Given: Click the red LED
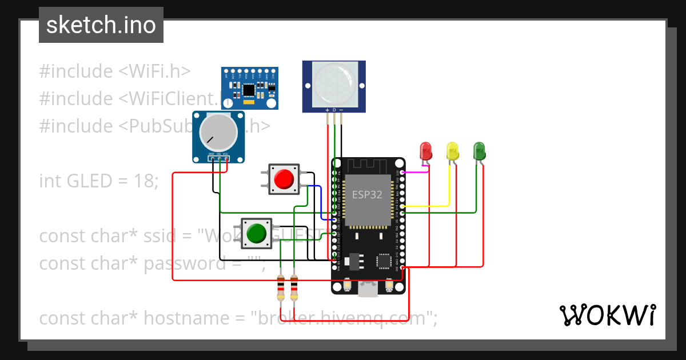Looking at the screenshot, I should [x=426, y=151].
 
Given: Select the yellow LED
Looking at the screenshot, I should [x=452, y=151].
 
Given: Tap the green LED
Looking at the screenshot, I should [x=479, y=151].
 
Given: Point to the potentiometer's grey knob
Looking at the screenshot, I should [x=218, y=133].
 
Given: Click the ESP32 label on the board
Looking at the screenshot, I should [x=367, y=194].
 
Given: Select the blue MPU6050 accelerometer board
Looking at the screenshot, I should [x=250, y=87].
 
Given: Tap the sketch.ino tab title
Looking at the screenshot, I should [x=101, y=25].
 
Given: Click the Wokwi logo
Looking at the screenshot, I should [x=607, y=315].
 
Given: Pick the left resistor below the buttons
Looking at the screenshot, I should [x=280, y=288].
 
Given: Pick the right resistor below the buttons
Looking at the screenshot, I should [x=294, y=288].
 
